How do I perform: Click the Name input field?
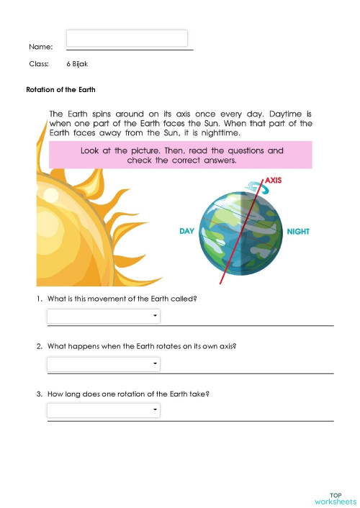[127, 38]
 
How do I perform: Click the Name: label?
[40, 47]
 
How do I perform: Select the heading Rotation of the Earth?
[60, 90]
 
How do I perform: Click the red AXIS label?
[274, 180]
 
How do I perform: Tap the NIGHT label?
[298, 232]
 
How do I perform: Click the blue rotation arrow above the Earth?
[256, 186]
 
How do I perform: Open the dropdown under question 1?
[104, 316]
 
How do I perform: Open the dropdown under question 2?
[104, 364]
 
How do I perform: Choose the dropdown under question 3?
[104, 410]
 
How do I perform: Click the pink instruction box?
[180, 155]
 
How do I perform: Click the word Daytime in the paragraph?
[287, 114]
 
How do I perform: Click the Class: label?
[39, 64]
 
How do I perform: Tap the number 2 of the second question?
[39, 346]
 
